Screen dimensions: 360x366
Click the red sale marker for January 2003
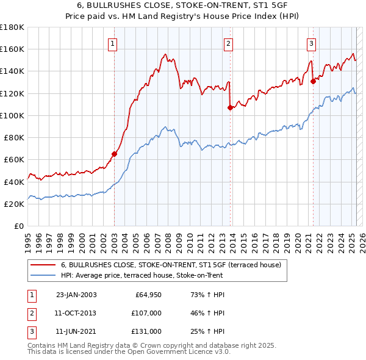click(114, 154)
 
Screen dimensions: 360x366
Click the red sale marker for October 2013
click(230, 107)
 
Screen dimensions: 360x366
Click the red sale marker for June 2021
click(313, 81)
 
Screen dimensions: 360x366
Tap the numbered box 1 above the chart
click(114, 43)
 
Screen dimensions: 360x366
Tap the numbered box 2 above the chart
click(228, 43)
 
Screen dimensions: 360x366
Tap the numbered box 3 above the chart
click(311, 43)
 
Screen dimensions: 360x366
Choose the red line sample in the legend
click(43, 265)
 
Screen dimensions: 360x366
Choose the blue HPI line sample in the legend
click(43, 276)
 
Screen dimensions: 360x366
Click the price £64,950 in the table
click(147, 295)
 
